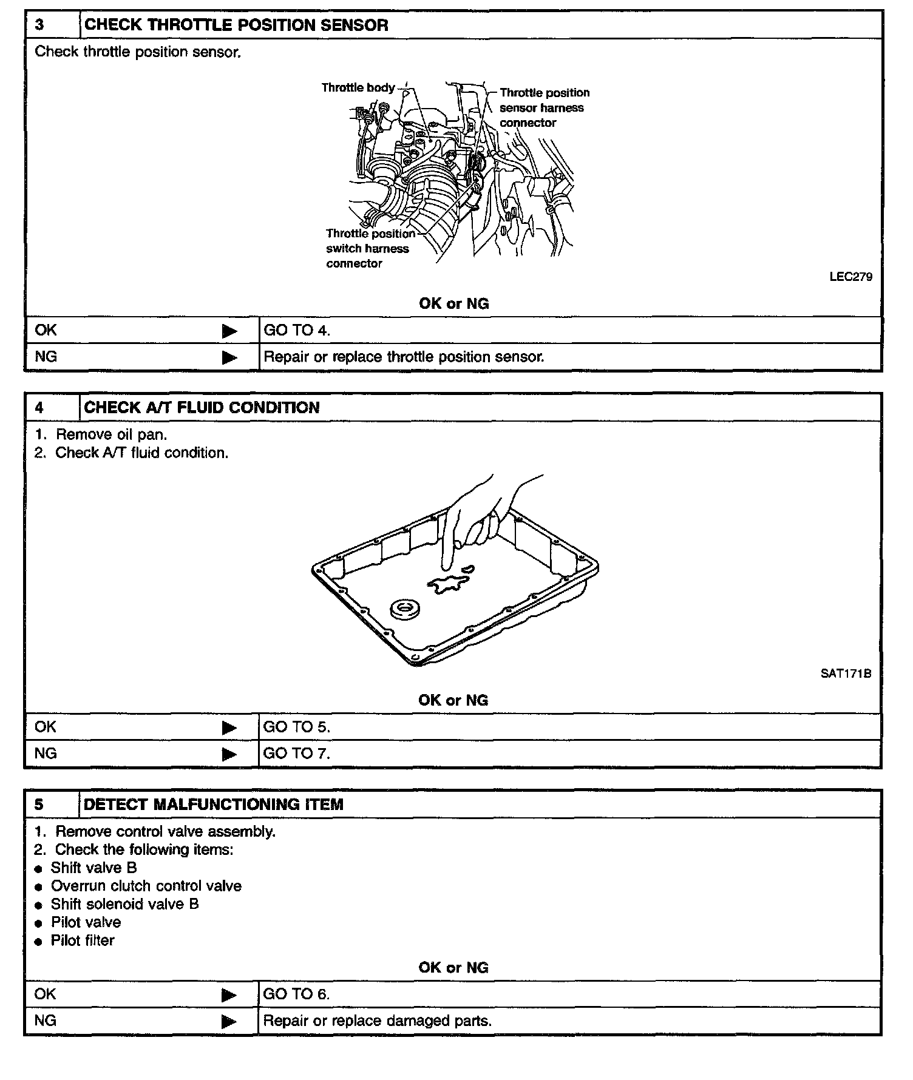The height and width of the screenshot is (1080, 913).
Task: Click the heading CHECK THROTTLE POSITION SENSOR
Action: click(236, 25)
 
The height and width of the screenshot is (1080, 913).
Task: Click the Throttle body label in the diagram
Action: click(358, 88)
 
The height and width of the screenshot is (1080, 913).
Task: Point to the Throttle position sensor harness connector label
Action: click(544, 107)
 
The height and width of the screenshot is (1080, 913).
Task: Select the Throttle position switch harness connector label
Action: click(370, 248)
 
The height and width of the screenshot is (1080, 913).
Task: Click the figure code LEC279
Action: click(850, 277)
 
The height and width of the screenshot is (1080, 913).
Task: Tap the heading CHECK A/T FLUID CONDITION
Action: click(202, 407)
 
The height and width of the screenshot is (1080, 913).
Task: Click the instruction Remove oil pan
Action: click(110, 434)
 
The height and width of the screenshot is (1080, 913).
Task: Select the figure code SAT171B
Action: click(846, 673)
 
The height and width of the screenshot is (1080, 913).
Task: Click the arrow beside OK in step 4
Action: click(229, 727)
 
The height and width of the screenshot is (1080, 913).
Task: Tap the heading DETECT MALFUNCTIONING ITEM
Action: click(214, 805)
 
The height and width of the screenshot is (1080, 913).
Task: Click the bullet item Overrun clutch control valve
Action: click(146, 886)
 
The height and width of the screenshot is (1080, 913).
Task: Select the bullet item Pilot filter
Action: click(82, 940)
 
